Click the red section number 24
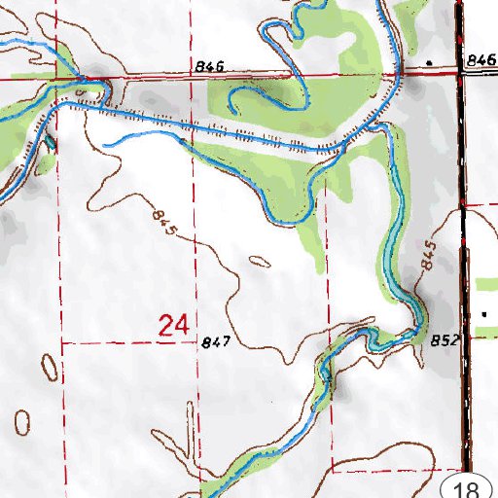click(x=172, y=326)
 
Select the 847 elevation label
click(x=216, y=342)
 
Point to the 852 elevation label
click(x=443, y=340)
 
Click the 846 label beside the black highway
click(x=480, y=60)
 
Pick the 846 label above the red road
click(x=209, y=66)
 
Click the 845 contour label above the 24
click(x=164, y=219)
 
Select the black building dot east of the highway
click(x=484, y=314)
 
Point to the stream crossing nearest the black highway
click(x=397, y=74)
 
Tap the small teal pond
click(x=50, y=144)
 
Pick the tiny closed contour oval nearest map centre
click(x=261, y=260)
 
